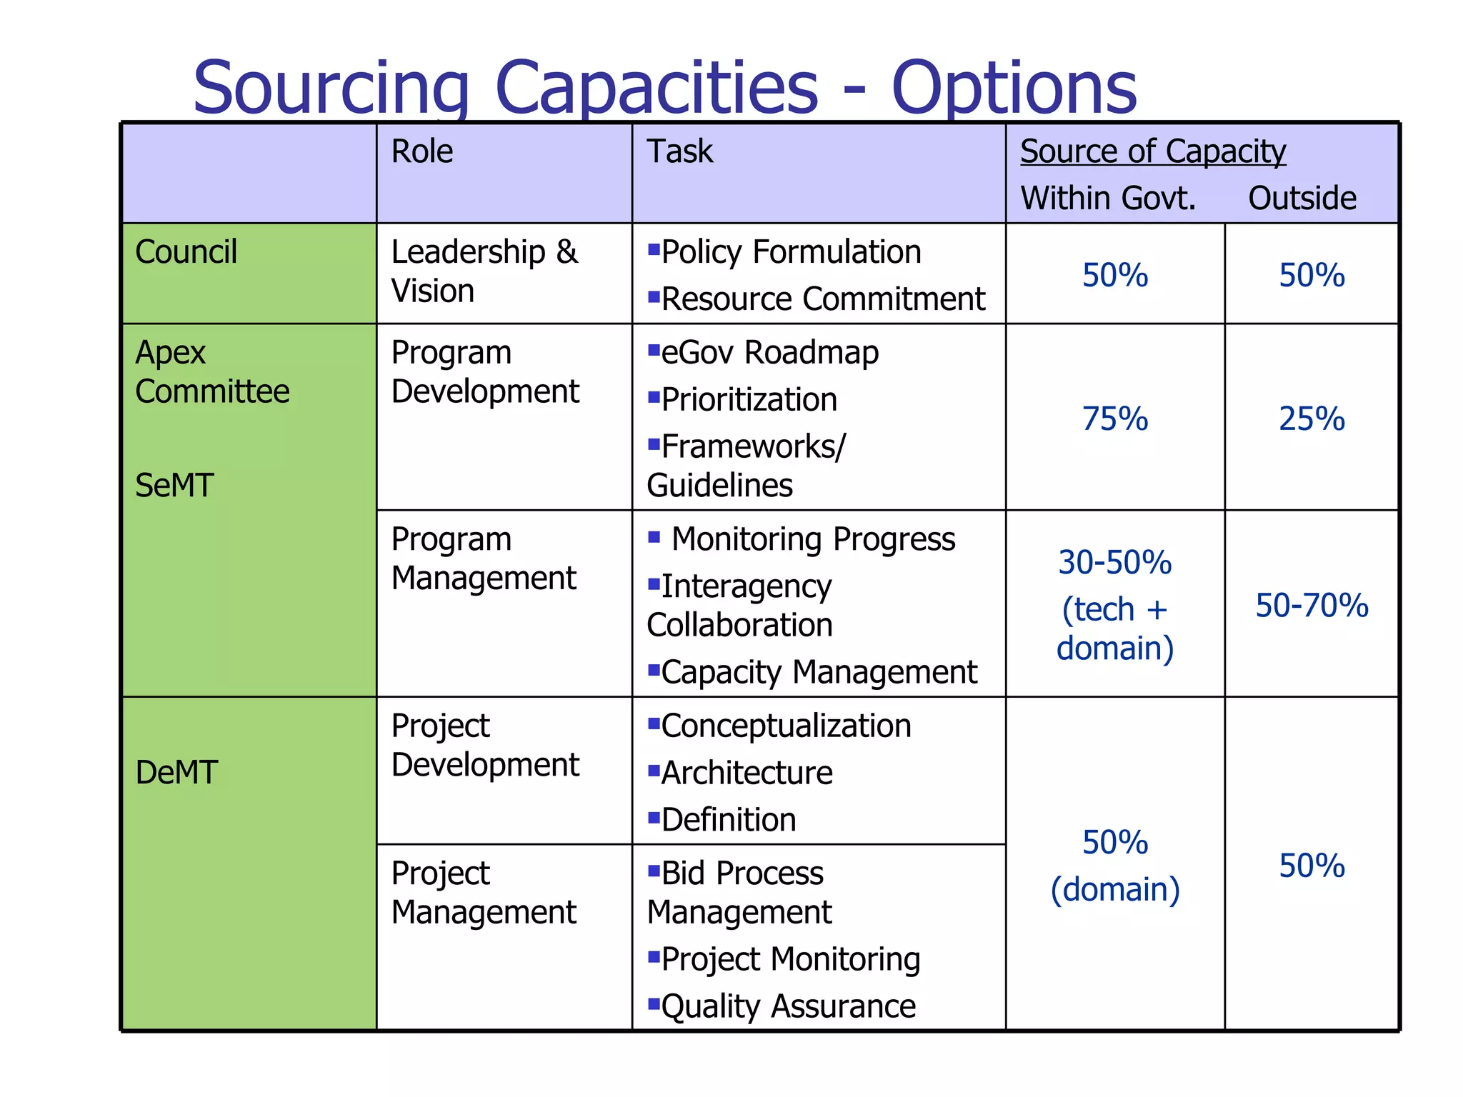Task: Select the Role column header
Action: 421,151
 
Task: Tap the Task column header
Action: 679,151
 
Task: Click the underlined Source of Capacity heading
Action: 1152,151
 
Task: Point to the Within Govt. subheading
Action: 1107,198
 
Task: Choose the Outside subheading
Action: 1302,198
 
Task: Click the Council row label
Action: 186,252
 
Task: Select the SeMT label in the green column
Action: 174,486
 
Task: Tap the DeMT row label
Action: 176,773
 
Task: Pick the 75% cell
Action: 1114,419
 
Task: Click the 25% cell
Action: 1312,419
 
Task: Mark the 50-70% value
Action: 1312,606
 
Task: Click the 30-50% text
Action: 1114,563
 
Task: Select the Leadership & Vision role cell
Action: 484,271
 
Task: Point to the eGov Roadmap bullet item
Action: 769,353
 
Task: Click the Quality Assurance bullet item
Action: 788,1006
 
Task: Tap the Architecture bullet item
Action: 747,773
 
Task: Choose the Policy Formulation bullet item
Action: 791,252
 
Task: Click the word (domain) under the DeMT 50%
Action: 1114,890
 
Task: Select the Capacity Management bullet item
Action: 819,672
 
